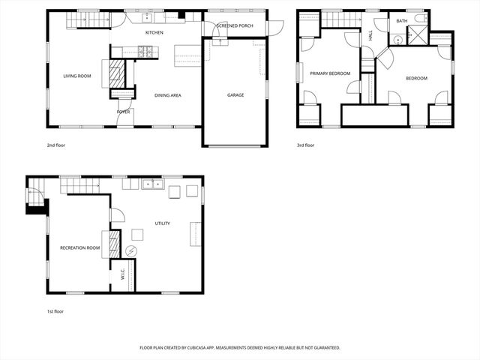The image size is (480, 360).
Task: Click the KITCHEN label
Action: [x=154, y=32]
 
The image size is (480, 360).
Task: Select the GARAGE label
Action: [x=235, y=95]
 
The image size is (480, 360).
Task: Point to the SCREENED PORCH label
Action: [x=234, y=25]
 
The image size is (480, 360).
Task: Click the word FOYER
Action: [x=123, y=112]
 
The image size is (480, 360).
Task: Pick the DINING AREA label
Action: [x=167, y=95]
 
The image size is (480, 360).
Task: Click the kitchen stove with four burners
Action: [x=145, y=51]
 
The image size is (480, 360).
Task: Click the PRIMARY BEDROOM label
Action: [x=327, y=73]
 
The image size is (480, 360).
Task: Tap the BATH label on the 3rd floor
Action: [x=402, y=21]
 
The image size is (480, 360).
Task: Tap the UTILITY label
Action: [x=162, y=223]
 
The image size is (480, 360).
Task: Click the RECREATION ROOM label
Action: [x=80, y=247]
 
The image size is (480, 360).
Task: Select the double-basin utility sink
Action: [x=153, y=184]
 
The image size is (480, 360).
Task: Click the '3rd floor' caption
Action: [x=305, y=145]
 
